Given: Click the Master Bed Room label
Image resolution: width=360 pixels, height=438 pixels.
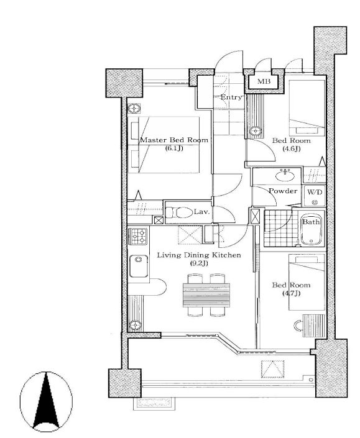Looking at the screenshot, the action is [x=174, y=140].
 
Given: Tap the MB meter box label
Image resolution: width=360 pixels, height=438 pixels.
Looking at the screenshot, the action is [x=264, y=81].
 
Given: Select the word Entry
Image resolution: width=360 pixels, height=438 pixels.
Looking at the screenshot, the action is [x=231, y=98].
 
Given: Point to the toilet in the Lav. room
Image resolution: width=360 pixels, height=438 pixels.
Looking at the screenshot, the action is [x=178, y=212].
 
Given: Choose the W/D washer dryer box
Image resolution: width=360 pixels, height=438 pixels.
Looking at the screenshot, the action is [x=315, y=195].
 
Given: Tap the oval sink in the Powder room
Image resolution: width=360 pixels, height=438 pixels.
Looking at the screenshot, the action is [x=285, y=176].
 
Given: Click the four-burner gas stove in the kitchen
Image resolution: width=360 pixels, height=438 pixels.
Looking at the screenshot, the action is [x=138, y=236].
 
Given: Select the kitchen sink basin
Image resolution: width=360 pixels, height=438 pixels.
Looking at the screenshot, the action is [x=139, y=266].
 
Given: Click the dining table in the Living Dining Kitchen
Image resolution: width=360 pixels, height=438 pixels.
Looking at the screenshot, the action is [x=206, y=295].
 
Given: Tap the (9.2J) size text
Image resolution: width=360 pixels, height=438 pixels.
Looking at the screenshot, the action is [x=199, y=263].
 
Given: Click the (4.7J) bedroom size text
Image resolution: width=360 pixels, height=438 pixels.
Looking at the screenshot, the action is [x=291, y=293].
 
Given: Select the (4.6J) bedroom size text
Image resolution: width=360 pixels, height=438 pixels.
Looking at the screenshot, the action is [x=291, y=148].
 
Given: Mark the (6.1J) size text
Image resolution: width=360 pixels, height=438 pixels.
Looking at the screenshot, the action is [x=174, y=148].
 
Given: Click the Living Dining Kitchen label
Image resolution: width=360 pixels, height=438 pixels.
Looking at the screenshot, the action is [x=199, y=255].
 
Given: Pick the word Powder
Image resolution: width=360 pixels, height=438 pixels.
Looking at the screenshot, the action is [x=283, y=191].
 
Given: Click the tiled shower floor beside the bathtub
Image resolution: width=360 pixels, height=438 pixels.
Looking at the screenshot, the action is [x=280, y=228].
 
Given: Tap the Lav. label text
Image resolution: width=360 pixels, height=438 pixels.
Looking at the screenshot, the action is [x=201, y=212].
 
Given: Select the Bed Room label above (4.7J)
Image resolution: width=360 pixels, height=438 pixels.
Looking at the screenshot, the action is [x=291, y=285].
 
